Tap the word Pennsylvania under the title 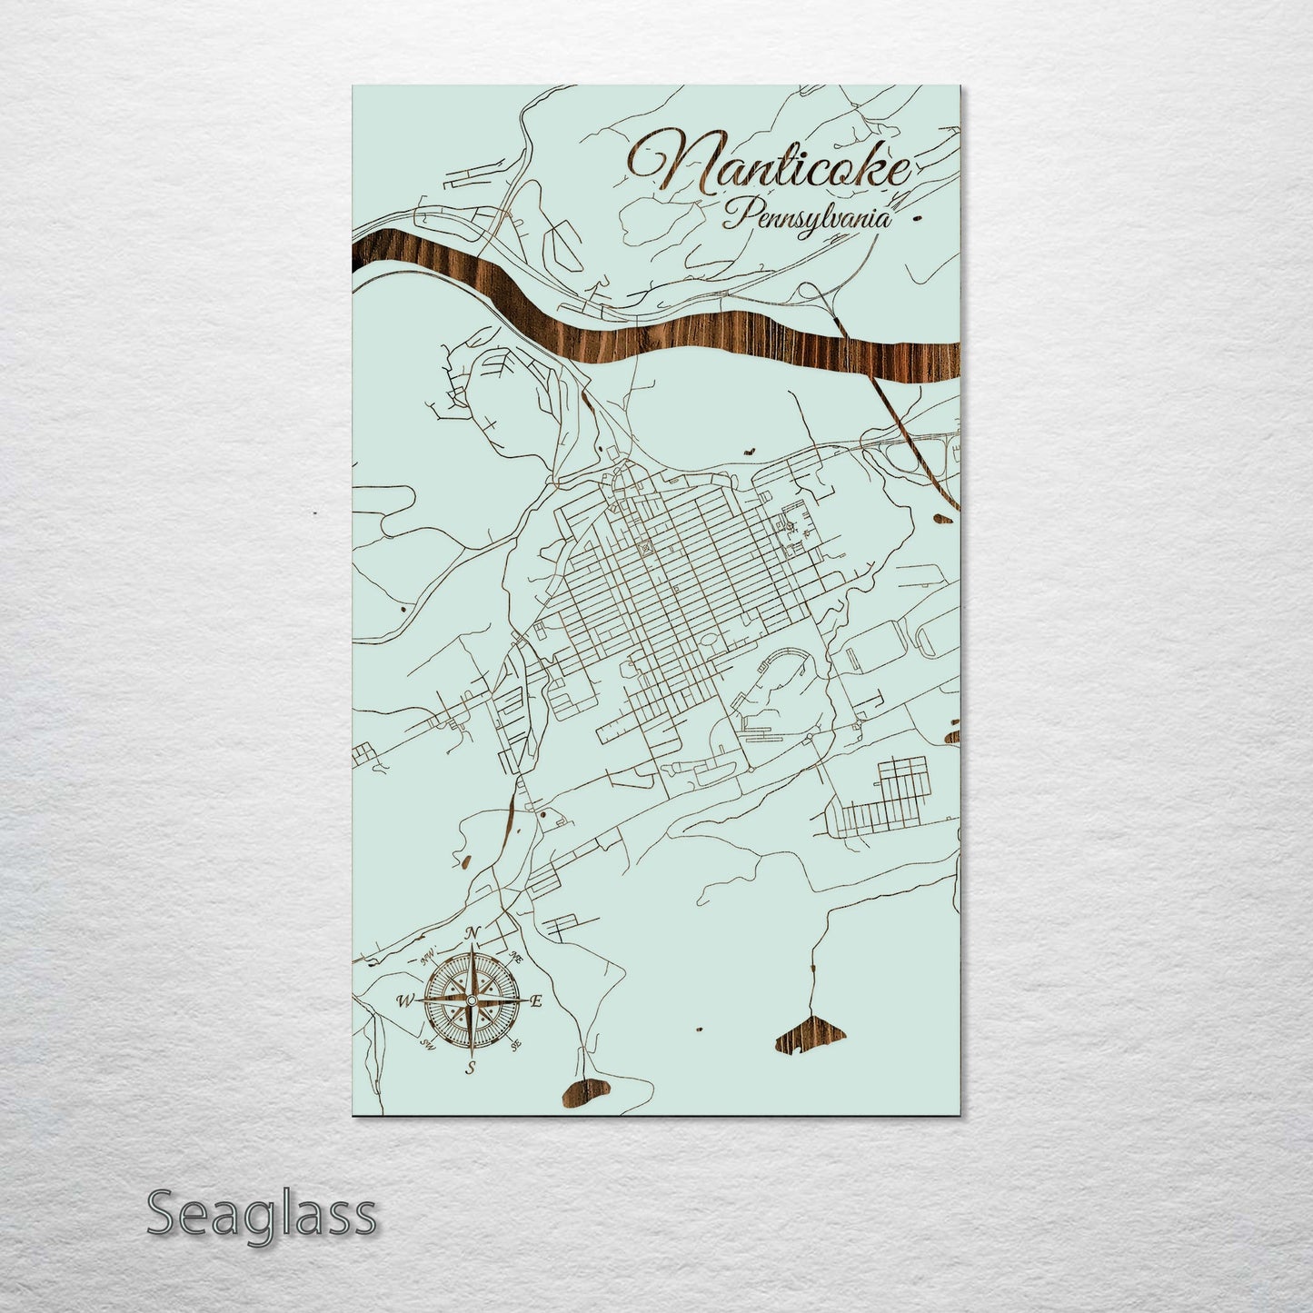click(x=808, y=219)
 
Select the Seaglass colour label click(x=261, y=1214)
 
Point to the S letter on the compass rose click(x=471, y=1068)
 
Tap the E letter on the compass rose click(x=536, y=1001)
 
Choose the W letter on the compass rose click(x=403, y=1001)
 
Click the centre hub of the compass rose click(x=471, y=1000)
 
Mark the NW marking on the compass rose click(x=423, y=959)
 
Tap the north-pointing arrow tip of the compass click(x=472, y=949)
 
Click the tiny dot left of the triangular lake click(x=699, y=1030)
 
